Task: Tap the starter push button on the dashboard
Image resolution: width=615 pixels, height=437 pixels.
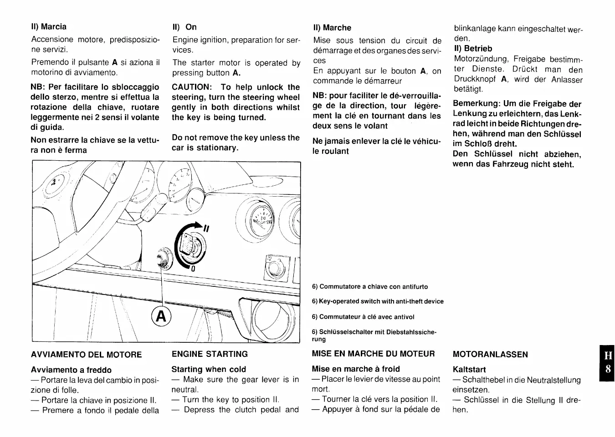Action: (162, 260)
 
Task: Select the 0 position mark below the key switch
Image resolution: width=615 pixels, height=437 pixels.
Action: (193, 269)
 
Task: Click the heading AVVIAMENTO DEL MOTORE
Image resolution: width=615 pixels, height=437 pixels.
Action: (86, 355)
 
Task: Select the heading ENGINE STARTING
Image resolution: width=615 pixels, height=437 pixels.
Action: (210, 354)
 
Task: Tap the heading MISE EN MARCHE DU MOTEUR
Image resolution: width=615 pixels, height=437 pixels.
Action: (373, 354)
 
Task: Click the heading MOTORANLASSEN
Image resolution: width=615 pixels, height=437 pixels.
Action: (490, 355)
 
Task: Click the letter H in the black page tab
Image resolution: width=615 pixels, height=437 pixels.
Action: (608, 355)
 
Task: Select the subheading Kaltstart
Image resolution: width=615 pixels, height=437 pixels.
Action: (469, 370)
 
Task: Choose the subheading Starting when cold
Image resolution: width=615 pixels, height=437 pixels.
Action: (209, 369)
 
